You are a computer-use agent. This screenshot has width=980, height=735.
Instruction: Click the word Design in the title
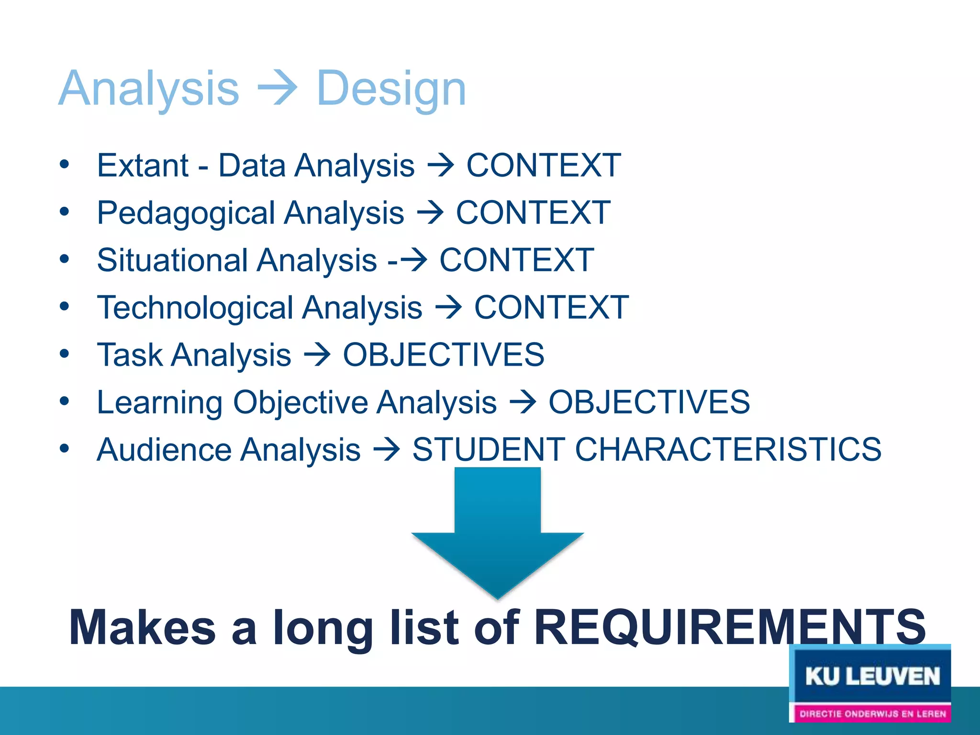click(x=391, y=89)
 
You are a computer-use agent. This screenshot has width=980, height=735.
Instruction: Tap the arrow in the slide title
click(x=278, y=89)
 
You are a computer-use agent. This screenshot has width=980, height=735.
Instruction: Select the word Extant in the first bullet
click(x=143, y=166)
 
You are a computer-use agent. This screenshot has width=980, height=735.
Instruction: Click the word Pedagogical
click(x=185, y=213)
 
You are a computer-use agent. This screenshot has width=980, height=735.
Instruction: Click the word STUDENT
click(x=489, y=449)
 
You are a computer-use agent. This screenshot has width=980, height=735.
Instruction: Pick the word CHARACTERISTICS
click(x=727, y=449)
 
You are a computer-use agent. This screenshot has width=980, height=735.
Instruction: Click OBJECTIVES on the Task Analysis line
click(x=444, y=355)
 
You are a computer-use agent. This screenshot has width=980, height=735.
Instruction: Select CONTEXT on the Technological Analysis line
click(x=551, y=307)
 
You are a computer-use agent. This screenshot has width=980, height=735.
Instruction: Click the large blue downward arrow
click(x=498, y=536)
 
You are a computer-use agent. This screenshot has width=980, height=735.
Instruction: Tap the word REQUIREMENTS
click(x=729, y=628)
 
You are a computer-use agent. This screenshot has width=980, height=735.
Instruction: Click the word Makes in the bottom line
click(x=143, y=628)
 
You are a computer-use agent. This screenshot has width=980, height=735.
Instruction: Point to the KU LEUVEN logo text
click(x=872, y=677)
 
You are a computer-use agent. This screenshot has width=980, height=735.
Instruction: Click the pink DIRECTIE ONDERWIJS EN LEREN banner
click(x=872, y=713)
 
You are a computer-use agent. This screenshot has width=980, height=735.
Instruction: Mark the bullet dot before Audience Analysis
click(x=65, y=448)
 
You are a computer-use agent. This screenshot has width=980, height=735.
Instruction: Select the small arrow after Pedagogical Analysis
click(x=430, y=213)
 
